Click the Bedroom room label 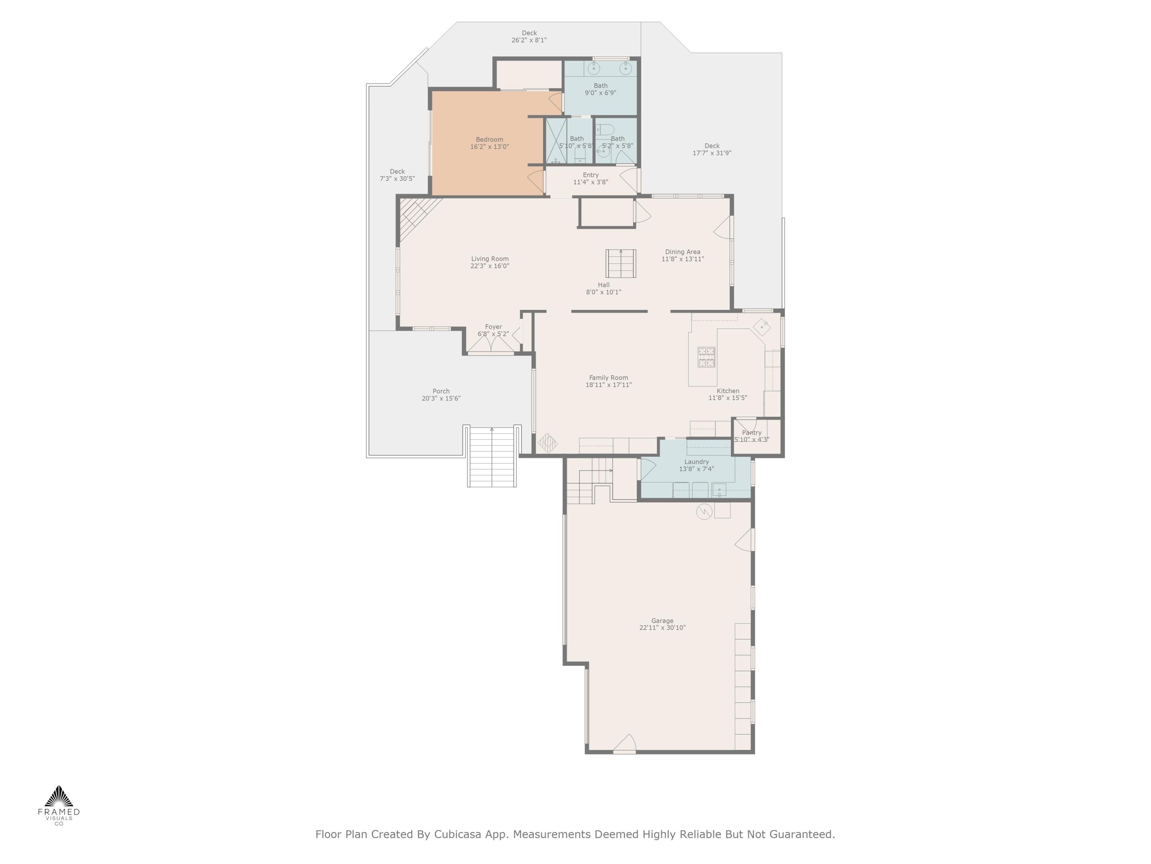coord(489,139)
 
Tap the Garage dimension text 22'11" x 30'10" coord(662,627)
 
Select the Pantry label coord(751,433)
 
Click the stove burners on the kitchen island coord(706,357)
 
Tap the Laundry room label coord(696,462)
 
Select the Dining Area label coord(682,252)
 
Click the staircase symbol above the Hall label coord(621,263)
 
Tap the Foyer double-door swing coord(491,344)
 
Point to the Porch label coord(441,391)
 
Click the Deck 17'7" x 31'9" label coord(712,149)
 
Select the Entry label coord(590,175)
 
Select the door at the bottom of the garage coord(624,745)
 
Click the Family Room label coord(608,377)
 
